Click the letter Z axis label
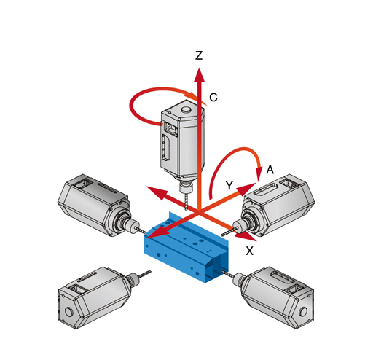199,55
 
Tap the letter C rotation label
213,98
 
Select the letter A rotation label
270,170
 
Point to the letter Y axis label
229,185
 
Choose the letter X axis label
249,251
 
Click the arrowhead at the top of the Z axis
199,74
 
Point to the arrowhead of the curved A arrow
259,173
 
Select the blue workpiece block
187,247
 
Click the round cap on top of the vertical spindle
187,110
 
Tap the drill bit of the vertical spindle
187,201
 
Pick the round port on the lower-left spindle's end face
68,311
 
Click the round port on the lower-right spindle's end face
303,311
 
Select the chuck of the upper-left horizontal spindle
132,224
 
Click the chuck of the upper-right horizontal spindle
238,227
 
